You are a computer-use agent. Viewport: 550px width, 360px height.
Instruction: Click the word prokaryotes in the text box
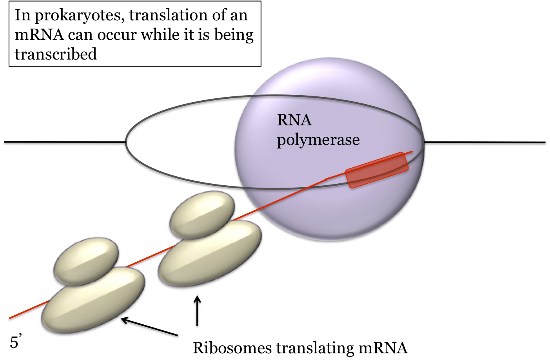tap(80, 16)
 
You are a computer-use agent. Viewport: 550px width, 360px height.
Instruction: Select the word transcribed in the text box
tap(56, 54)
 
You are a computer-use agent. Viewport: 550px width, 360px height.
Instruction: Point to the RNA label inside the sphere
tap(294, 120)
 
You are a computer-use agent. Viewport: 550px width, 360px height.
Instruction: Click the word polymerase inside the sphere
tap(318, 140)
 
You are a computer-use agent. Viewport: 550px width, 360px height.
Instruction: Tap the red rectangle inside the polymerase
tap(377, 170)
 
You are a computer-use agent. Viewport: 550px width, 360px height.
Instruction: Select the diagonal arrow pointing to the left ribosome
tap(149, 327)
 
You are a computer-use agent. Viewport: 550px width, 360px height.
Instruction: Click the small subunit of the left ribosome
tap(86, 261)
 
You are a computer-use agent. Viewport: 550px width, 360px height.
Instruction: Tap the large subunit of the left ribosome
tap(93, 300)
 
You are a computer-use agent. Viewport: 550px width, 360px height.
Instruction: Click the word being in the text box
tap(234, 35)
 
